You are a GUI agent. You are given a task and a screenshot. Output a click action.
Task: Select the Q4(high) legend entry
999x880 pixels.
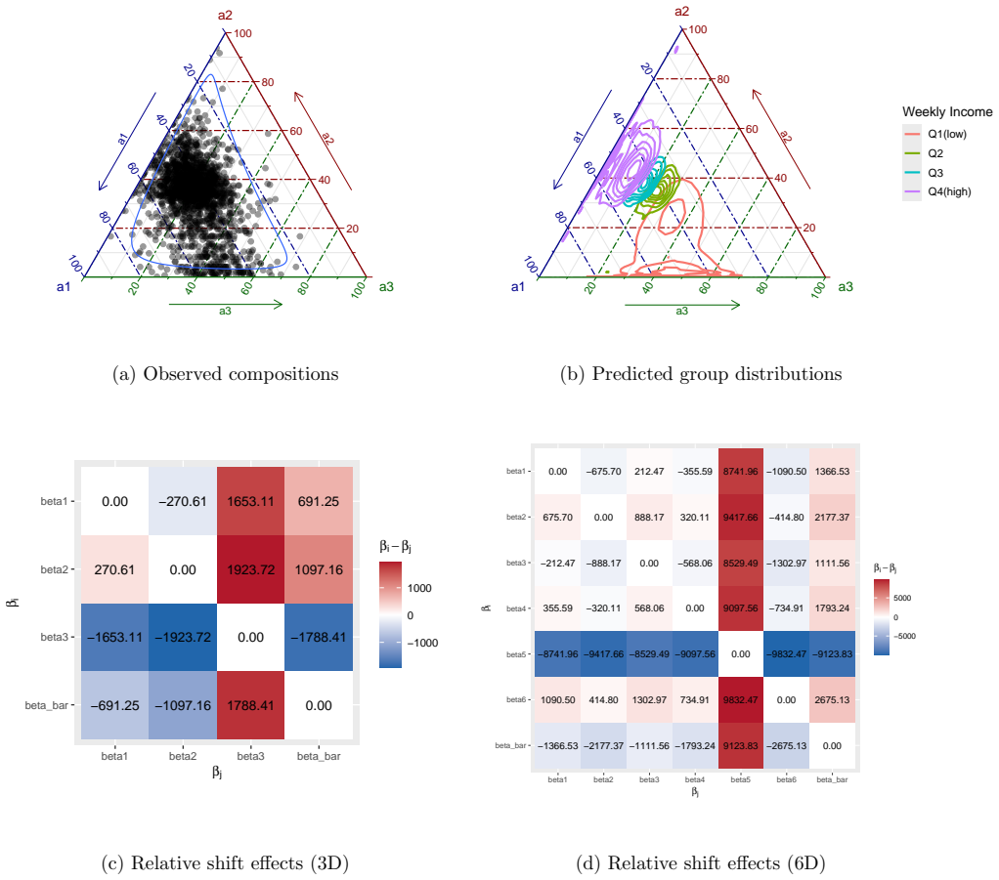coord(936,191)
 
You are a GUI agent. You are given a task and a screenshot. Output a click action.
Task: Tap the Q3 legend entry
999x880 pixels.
coord(923,173)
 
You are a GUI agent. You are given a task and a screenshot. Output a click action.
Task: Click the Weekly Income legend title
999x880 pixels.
coord(947,112)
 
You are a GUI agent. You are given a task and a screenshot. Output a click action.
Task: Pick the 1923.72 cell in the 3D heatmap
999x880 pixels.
coord(251,569)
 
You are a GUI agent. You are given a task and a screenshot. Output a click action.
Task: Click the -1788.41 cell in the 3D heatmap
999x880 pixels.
coord(319,637)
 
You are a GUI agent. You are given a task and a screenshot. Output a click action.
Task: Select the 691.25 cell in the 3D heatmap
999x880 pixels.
coord(319,501)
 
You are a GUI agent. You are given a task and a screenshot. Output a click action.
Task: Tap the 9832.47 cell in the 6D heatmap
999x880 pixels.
coord(740,699)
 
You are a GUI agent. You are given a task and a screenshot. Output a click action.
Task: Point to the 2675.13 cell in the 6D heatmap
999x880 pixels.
coord(832,699)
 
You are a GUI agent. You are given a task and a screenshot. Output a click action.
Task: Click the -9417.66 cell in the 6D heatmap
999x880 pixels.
coord(603,654)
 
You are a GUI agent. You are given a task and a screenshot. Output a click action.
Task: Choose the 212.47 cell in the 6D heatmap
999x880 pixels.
coord(649,471)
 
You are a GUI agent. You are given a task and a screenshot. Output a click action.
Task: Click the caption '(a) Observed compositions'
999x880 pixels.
coord(226,374)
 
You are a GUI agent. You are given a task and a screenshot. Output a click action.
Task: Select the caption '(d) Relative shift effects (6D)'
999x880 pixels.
coord(701,862)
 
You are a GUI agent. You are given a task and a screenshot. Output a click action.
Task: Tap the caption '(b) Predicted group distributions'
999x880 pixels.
coord(701,374)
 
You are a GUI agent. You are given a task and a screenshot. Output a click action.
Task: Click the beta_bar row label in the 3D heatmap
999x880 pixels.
coord(47,705)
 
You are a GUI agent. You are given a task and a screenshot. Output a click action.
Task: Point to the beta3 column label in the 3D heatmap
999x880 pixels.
coord(251,756)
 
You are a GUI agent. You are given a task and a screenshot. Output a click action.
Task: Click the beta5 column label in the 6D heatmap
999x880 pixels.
coord(740,779)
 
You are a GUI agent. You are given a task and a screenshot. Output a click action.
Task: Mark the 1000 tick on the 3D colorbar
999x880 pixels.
coord(419,588)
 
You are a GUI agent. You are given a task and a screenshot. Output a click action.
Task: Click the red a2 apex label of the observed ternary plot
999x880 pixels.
coord(226,16)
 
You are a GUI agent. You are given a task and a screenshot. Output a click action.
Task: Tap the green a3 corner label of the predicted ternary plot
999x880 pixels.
coord(846,286)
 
